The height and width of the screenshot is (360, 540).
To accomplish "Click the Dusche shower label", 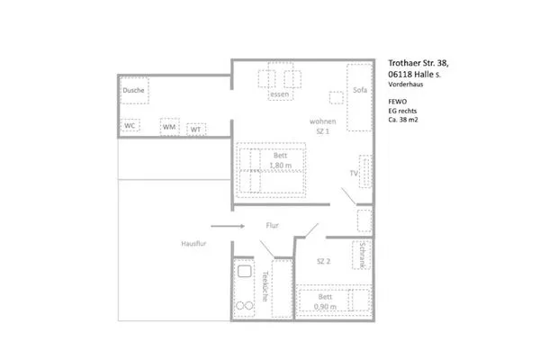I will point(134,91).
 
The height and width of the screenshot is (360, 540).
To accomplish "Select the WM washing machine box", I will point(169,128).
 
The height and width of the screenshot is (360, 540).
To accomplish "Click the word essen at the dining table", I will point(279,94).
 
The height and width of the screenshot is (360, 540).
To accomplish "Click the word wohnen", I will point(323,121).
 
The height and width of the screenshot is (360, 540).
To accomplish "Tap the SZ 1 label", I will point(323,131).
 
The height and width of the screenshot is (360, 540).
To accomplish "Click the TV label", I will point(354,173).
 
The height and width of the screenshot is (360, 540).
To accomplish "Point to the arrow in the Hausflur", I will point(229,227).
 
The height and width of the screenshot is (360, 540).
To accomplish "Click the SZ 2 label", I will point(325,261).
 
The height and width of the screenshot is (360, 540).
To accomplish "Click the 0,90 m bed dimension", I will point(326,307).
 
